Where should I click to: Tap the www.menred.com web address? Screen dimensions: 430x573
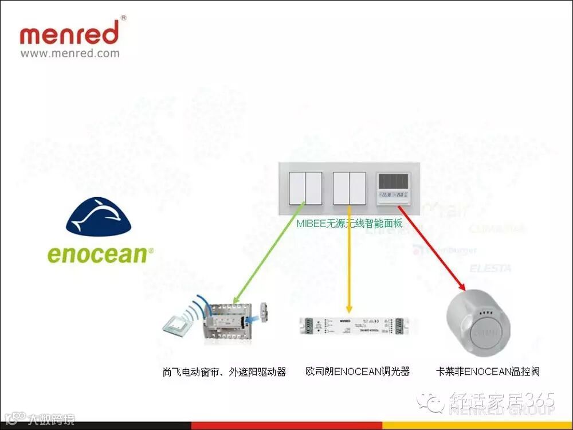(x=70, y=53)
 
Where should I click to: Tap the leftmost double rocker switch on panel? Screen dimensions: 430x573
(x=305, y=188)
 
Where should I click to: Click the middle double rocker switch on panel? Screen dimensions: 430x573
(x=349, y=188)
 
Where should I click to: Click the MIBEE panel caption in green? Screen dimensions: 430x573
(x=349, y=224)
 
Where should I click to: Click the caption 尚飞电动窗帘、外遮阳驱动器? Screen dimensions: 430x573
(x=224, y=372)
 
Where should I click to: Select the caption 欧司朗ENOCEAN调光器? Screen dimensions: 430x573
(x=358, y=372)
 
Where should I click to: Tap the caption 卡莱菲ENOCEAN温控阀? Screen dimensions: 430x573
(x=488, y=372)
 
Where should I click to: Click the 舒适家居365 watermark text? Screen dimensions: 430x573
(x=501, y=399)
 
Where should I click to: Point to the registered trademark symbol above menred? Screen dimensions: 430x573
(x=124, y=18)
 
